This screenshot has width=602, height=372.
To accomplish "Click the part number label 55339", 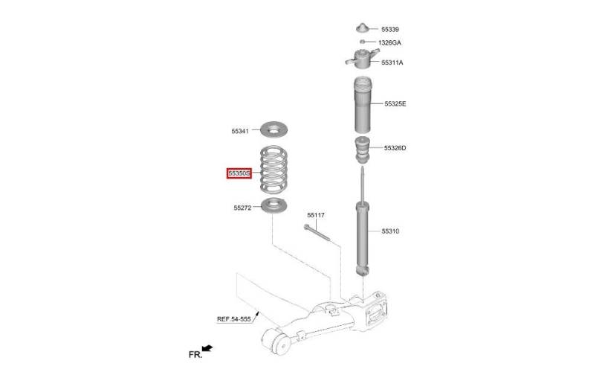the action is click(390, 29).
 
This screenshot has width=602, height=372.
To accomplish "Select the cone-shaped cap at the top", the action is click(363, 29).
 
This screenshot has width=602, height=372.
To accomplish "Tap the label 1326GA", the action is click(389, 42).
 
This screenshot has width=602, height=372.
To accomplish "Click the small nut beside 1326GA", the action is click(363, 42).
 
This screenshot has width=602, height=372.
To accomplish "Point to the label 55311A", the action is click(392, 62).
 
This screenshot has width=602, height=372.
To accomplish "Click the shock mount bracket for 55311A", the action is click(362, 59).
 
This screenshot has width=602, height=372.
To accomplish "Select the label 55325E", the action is click(395, 103).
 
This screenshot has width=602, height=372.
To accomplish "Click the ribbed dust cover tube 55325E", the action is click(363, 105).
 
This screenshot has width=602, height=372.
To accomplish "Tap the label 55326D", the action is click(395, 148).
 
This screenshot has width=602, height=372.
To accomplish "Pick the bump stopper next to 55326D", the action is click(362, 150).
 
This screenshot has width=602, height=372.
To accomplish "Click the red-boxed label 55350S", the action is click(239, 173).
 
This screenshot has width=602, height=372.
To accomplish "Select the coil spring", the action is click(274, 169).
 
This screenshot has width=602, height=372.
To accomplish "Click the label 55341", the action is click(240, 131).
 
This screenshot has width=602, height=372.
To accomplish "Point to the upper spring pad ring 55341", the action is click(274, 129).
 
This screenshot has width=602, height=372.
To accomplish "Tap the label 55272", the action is click(242, 208).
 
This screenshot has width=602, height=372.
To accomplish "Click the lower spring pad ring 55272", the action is click(274, 205).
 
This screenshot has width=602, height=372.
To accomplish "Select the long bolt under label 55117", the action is click(317, 233).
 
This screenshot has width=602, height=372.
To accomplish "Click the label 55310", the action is click(390, 231).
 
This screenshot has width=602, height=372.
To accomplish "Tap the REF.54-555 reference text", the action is click(234, 319).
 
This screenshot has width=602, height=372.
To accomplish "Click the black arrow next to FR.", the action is click(207, 348).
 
